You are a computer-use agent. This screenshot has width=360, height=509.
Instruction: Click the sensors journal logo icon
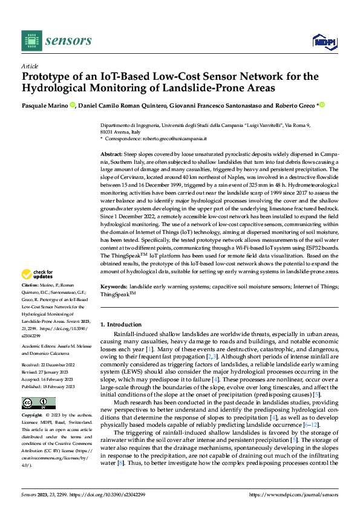pyautogui.click(x=31, y=40)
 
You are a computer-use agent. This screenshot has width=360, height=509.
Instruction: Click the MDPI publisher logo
pyautogui.click(x=324, y=41)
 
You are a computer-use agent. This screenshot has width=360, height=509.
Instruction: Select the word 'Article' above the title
pyautogui.click(x=30, y=66)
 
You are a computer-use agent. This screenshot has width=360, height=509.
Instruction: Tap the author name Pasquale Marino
pyautogui.click(x=45, y=105)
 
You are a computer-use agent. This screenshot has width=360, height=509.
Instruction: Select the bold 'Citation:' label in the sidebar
pyautogui.click(x=31, y=284)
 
